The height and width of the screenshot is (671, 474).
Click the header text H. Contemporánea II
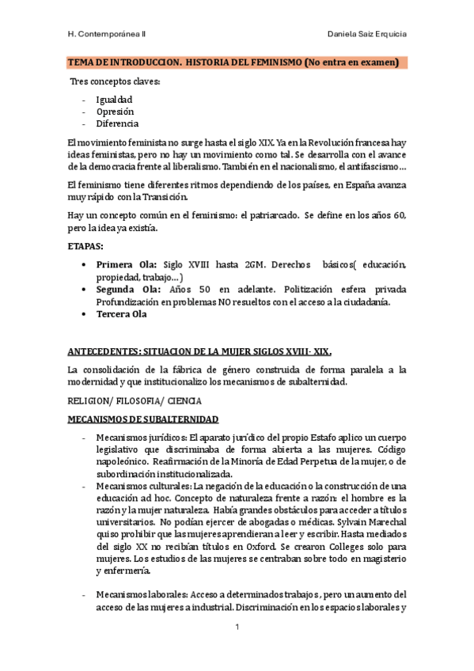point(112,35)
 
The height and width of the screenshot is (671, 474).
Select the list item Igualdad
point(114,99)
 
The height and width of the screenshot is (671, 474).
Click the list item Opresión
point(115,112)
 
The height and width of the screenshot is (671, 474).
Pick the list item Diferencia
point(117,123)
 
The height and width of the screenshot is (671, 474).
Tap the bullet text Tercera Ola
point(121,314)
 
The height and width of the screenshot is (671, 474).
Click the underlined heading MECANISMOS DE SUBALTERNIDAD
point(142,419)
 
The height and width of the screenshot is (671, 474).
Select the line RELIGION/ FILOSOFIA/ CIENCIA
point(135,401)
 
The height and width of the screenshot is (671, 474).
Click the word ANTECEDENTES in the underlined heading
point(103,351)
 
